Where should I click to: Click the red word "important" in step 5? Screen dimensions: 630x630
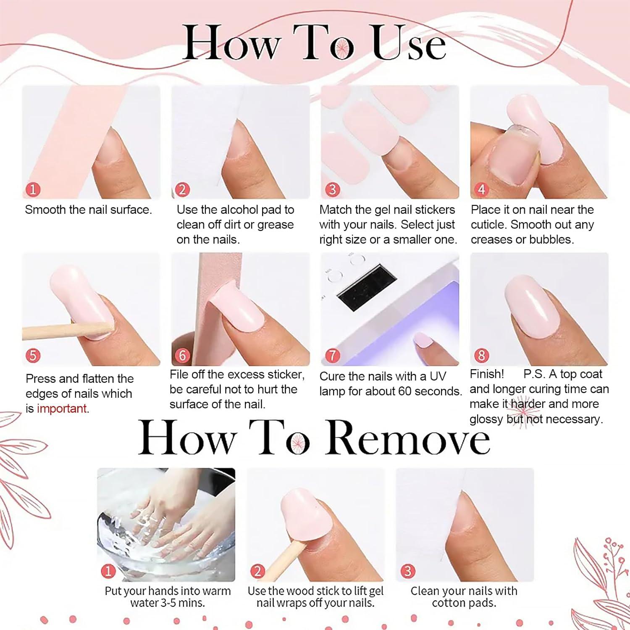(62, 409)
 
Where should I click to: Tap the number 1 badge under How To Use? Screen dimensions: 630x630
(33, 189)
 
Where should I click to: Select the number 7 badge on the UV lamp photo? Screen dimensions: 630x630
(332, 356)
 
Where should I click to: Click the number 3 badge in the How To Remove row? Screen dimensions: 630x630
(407, 571)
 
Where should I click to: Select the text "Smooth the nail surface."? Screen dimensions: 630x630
(88, 210)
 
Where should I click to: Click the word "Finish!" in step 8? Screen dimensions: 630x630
(486, 374)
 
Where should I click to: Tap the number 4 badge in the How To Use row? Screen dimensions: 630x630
(481, 189)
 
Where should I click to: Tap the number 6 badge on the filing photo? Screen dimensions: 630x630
(182, 356)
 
